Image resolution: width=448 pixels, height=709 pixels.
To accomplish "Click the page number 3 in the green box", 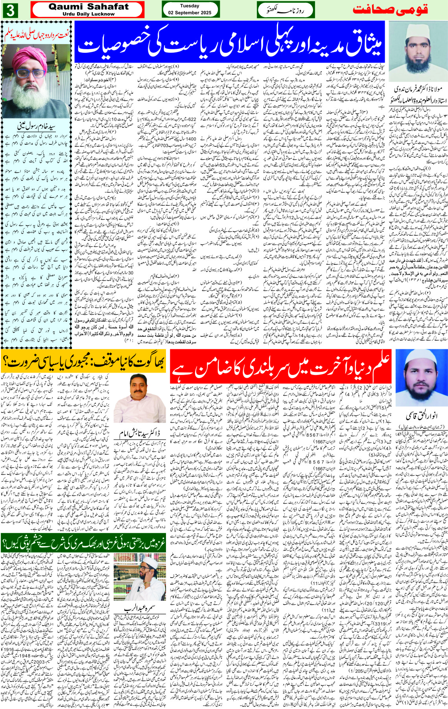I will tap(10, 10).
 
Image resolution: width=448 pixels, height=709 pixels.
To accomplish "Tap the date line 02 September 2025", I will tap(190, 13).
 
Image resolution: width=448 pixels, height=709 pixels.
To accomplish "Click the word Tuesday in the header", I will tap(190, 6).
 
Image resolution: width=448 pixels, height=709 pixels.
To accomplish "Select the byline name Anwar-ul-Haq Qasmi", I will tap(421, 416).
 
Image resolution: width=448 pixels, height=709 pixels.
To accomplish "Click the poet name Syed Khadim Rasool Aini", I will tap(37, 127).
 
